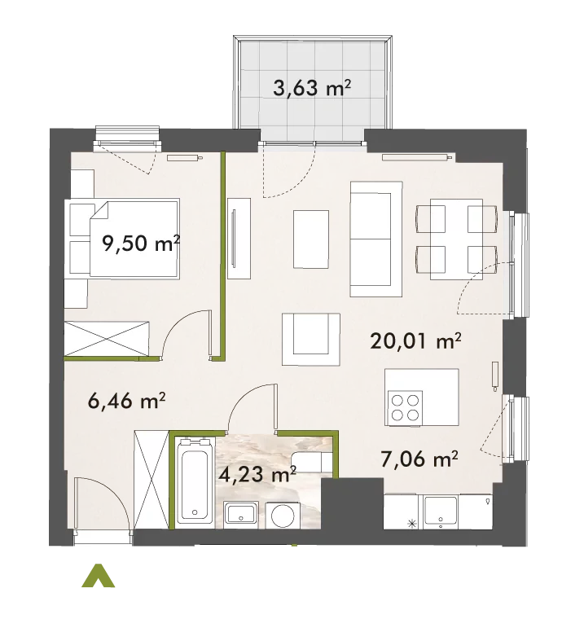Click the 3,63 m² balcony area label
[312, 88]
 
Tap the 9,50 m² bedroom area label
[141, 243]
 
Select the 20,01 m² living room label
[415, 340]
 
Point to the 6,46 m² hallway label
[126, 400]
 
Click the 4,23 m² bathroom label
[257, 474]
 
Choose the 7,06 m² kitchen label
[419, 459]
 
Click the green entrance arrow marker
[98, 576]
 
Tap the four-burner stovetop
[405, 407]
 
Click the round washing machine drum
[283, 516]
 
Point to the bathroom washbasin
[241, 514]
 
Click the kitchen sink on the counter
[441, 512]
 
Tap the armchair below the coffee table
[311, 339]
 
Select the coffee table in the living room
[311, 239]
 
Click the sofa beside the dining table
[375, 239]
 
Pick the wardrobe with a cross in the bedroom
[107, 338]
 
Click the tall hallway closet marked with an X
[151, 480]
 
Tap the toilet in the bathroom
[312, 462]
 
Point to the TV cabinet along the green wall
[239, 239]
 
